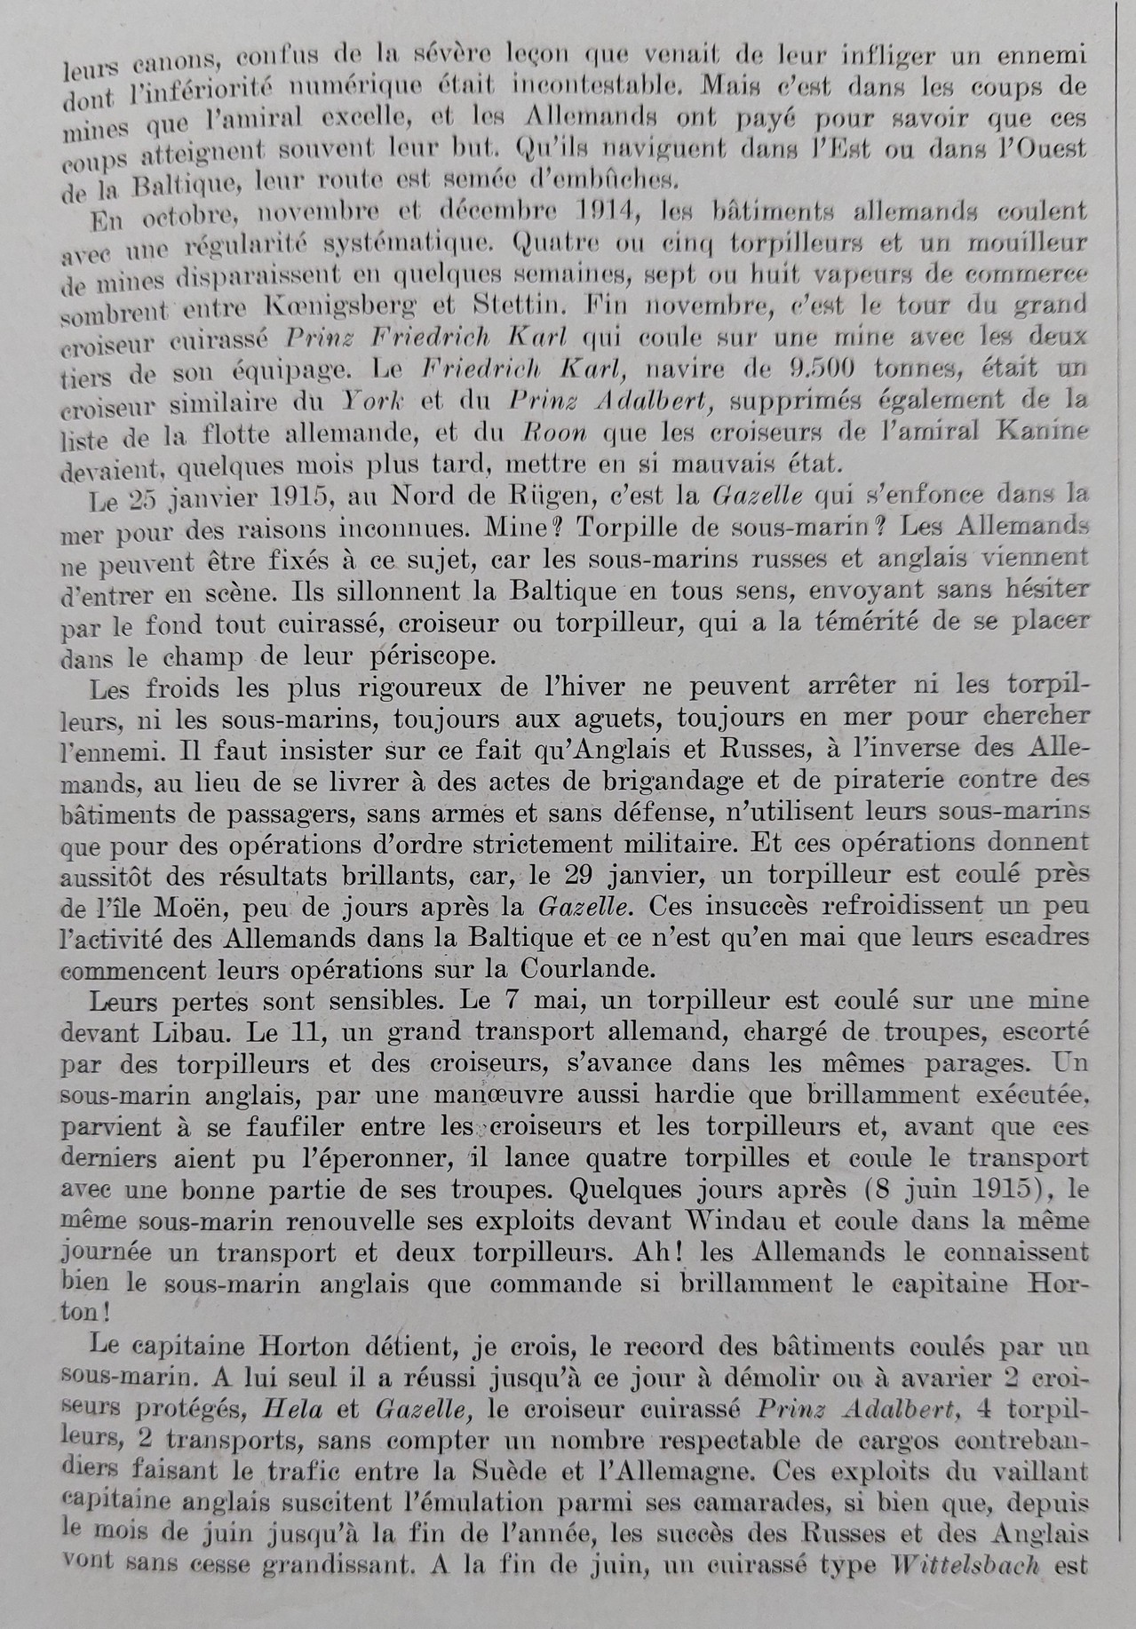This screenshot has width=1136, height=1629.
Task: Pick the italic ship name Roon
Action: pyautogui.click(x=548, y=433)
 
